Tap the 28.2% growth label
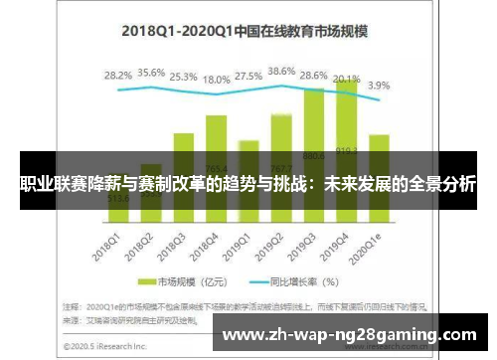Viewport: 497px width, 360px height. tap(118, 76)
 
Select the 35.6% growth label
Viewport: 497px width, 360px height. tap(152, 73)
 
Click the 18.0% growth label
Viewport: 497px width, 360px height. tap(216, 80)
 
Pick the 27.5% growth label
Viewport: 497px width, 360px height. tap(249, 76)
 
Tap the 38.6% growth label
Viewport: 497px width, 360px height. tap(282, 72)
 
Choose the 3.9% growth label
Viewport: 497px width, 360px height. tap(380, 87)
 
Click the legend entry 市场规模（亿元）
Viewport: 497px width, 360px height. tap(189, 281)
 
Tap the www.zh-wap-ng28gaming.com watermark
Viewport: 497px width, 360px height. tap(351, 335)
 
